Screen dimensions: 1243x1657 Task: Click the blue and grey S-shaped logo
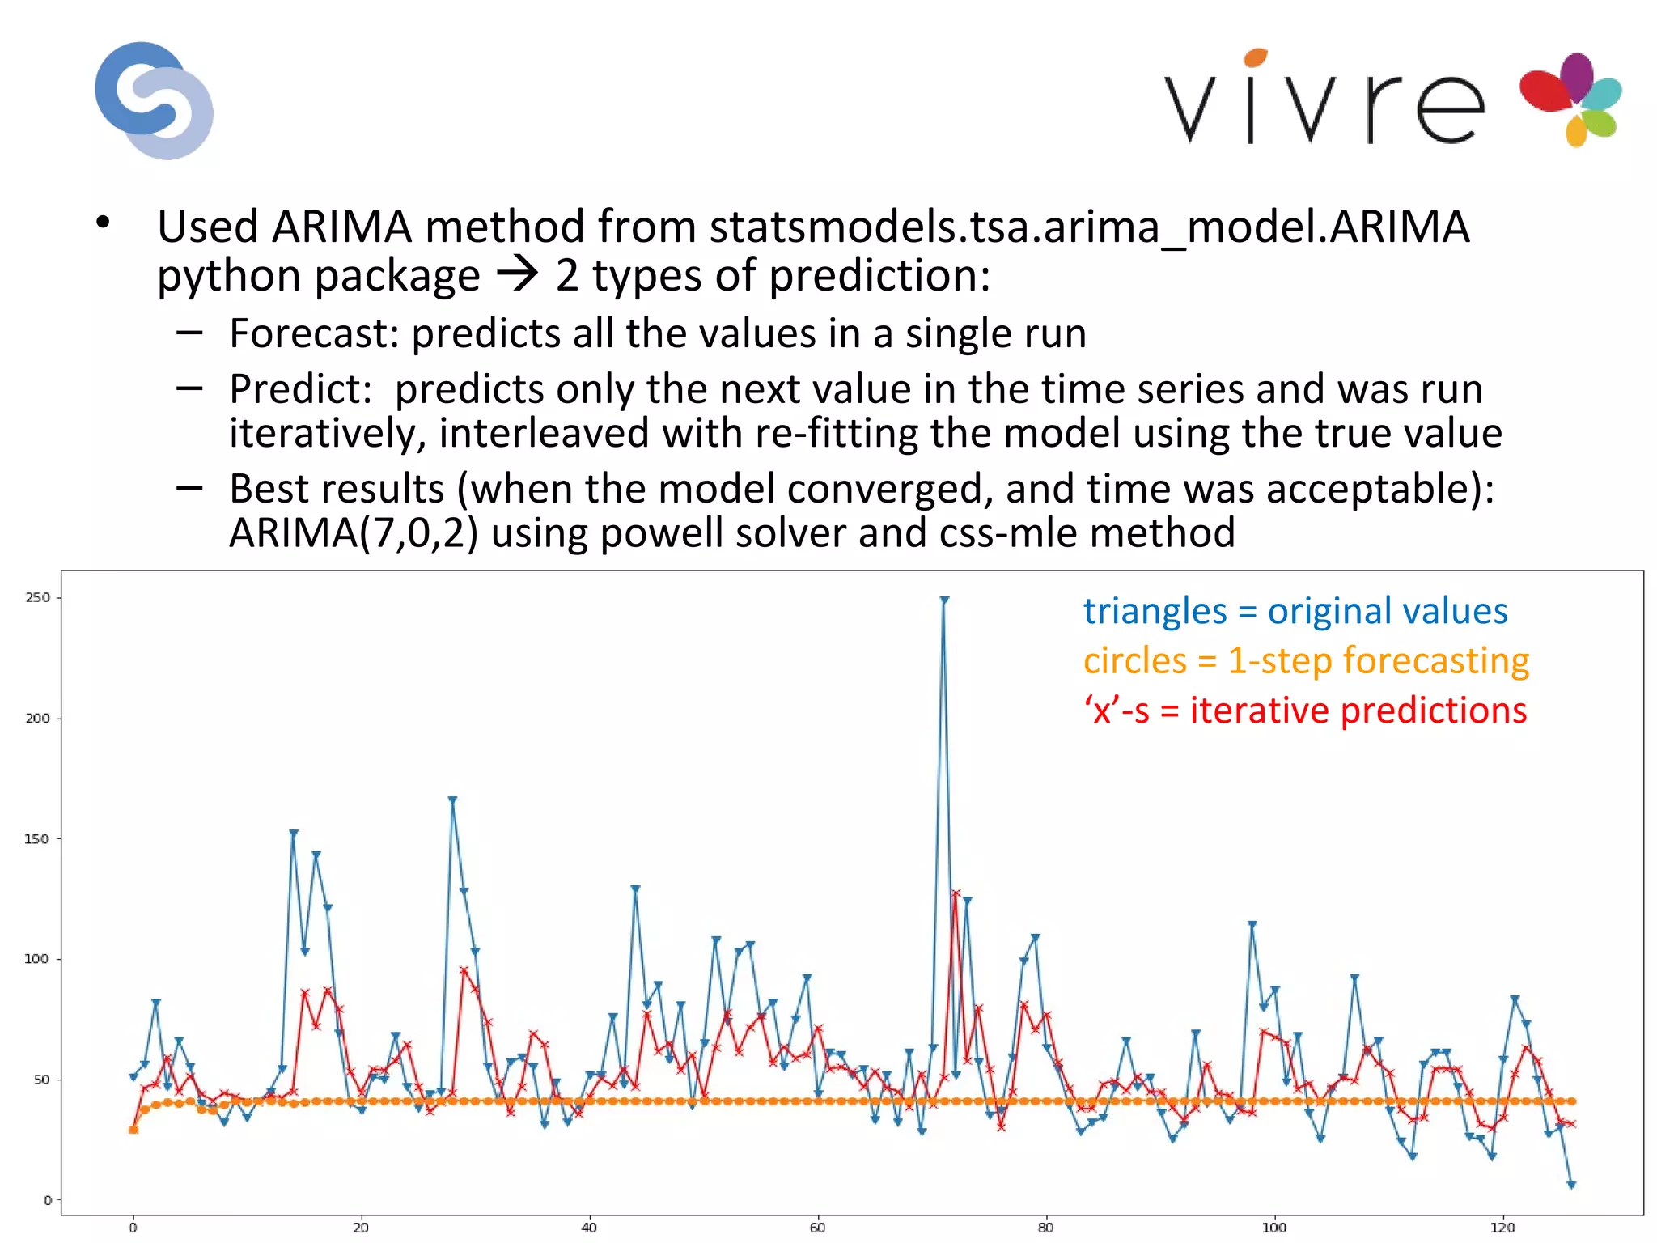click(x=154, y=100)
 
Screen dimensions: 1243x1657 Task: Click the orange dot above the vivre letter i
click(x=1255, y=57)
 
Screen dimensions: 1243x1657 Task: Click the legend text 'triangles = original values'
click(x=1295, y=611)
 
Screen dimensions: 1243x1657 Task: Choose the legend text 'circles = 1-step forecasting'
click(x=1306, y=660)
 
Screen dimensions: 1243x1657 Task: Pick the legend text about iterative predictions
click(x=1305, y=711)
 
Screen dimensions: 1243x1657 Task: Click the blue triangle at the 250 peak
click(x=944, y=600)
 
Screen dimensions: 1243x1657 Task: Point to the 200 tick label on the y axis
click(x=37, y=718)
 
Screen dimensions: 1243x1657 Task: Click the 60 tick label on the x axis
click(x=817, y=1228)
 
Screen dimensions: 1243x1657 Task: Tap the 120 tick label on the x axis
click(x=1502, y=1228)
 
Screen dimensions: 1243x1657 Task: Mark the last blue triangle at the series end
click(x=1571, y=1185)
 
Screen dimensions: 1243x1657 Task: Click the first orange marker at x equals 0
click(x=133, y=1130)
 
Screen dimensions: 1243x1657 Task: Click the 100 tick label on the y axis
click(x=37, y=959)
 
